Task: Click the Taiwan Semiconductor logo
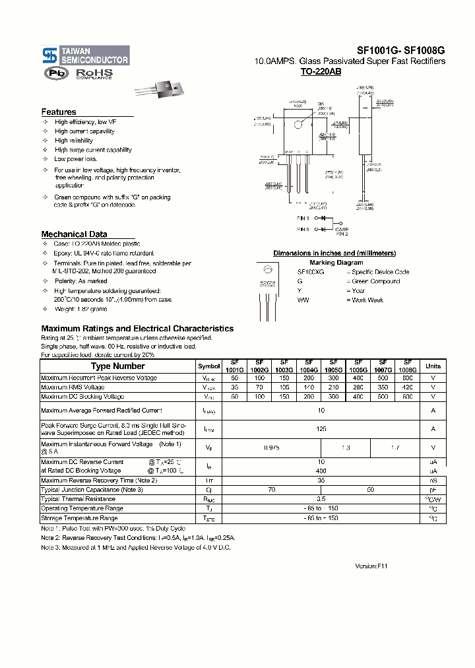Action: [85, 55]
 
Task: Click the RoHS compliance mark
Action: [94, 74]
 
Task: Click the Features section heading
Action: [59, 112]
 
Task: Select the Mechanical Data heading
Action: [74, 234]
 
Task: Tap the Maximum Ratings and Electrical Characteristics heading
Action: [137, 329]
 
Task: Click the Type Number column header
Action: [117, 366]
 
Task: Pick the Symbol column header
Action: [209, 366]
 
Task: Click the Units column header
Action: [433, 366]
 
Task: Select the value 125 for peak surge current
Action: [322, 429]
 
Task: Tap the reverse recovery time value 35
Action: [322, 481]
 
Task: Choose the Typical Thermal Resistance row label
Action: [79, 500]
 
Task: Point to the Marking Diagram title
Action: [336, 263]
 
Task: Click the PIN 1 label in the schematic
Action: [303, 217]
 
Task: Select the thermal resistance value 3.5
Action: [322, 500]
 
